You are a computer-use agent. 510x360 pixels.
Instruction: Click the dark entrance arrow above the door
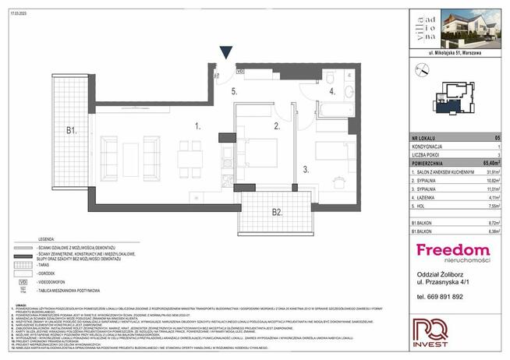point(226,53)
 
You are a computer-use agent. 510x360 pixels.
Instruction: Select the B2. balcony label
point(276,211)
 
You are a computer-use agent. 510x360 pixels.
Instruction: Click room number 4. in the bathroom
point(331,91)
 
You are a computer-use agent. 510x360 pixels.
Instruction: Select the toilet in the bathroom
point(330,78)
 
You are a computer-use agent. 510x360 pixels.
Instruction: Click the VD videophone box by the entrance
point(239,71)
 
